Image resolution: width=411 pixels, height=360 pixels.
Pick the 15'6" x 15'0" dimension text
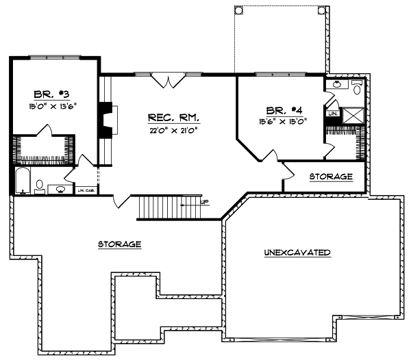[282, 121]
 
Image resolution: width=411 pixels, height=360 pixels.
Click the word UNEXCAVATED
[298, 253]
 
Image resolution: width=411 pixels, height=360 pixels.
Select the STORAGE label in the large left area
[119, 244]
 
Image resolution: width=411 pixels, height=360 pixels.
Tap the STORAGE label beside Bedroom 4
[331, 177]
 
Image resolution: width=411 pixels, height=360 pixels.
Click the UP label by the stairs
[205, 202]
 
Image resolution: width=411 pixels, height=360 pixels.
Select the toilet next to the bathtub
[40, 185]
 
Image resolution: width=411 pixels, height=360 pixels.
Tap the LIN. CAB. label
[85, 190]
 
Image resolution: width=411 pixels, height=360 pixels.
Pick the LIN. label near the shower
[333, 113]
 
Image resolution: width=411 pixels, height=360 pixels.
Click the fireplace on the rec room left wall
[106, 120]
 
